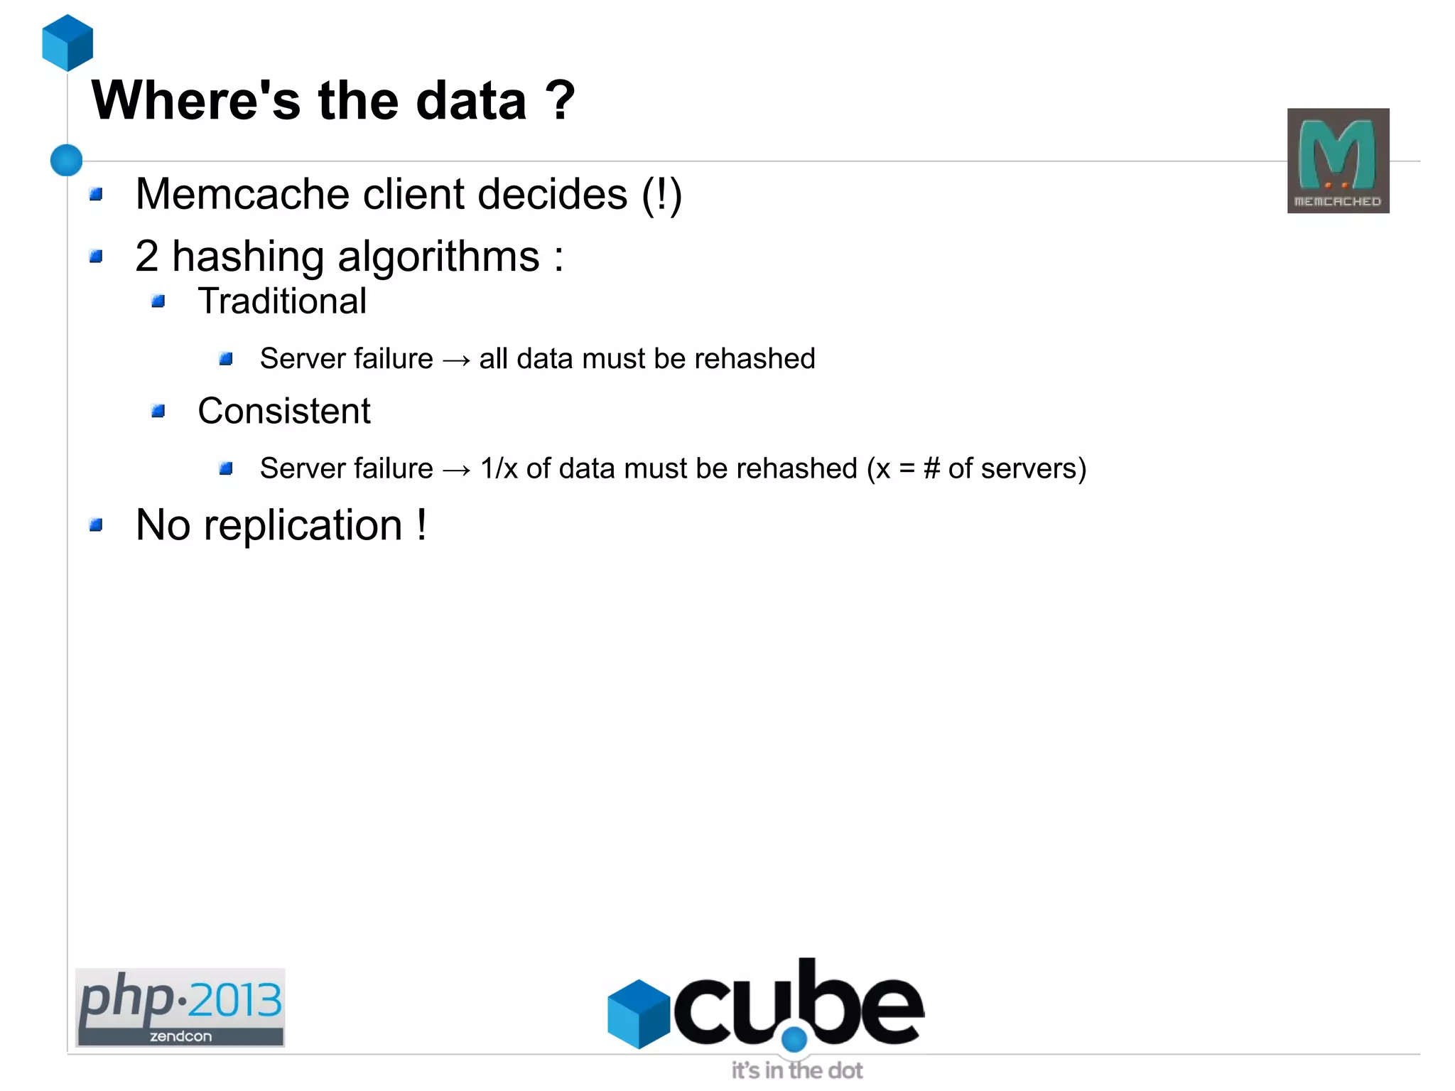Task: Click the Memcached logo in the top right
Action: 1338,161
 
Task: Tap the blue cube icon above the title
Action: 67,43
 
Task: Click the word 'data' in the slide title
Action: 471,100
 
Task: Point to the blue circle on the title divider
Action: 67,160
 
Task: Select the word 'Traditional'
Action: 282,301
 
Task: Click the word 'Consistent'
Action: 284,411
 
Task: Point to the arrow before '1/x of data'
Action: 456,470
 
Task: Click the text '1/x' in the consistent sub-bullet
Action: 499,468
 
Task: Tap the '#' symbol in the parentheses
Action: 931,468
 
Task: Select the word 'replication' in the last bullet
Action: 303,525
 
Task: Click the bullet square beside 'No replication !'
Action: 96,525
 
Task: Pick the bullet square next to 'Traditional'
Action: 158,302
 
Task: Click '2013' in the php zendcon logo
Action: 235,1001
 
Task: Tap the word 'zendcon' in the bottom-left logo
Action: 180,1036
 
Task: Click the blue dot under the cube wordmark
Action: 794,1038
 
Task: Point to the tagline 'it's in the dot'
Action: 797,1070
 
